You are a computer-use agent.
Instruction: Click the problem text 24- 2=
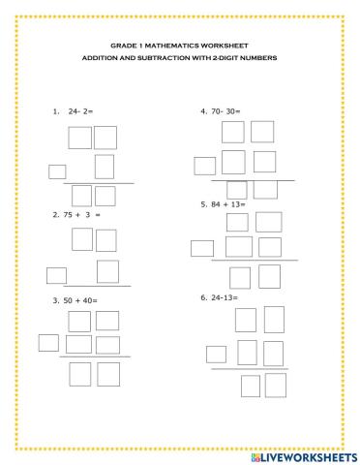coord(82,111)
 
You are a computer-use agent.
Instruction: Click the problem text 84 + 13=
coord(230,204)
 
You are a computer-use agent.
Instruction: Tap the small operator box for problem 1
coord(57,172)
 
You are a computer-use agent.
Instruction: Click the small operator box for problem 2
coord(57,274)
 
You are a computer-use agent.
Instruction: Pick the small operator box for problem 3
coord(48,341)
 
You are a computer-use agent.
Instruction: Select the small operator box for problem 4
coord(204,164)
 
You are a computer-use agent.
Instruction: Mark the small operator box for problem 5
coord(202,248)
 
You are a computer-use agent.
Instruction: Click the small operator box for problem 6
coord(217,354)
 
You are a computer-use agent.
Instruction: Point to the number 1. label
coord(56,111)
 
